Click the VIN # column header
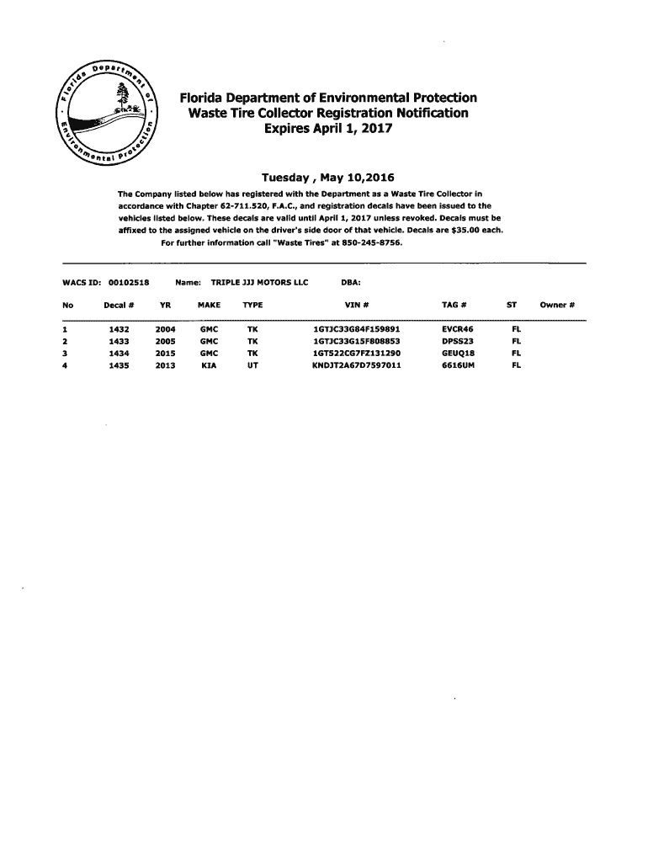pyautogui.click(x=357, y=304)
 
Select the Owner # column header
pyautogui.click(x=556, y=304)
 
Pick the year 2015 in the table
pyautogui.click(x=165, y=354)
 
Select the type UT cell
pyautogui.click(x=252, y=365)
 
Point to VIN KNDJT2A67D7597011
pyautogui.click(x=356, y=365)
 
